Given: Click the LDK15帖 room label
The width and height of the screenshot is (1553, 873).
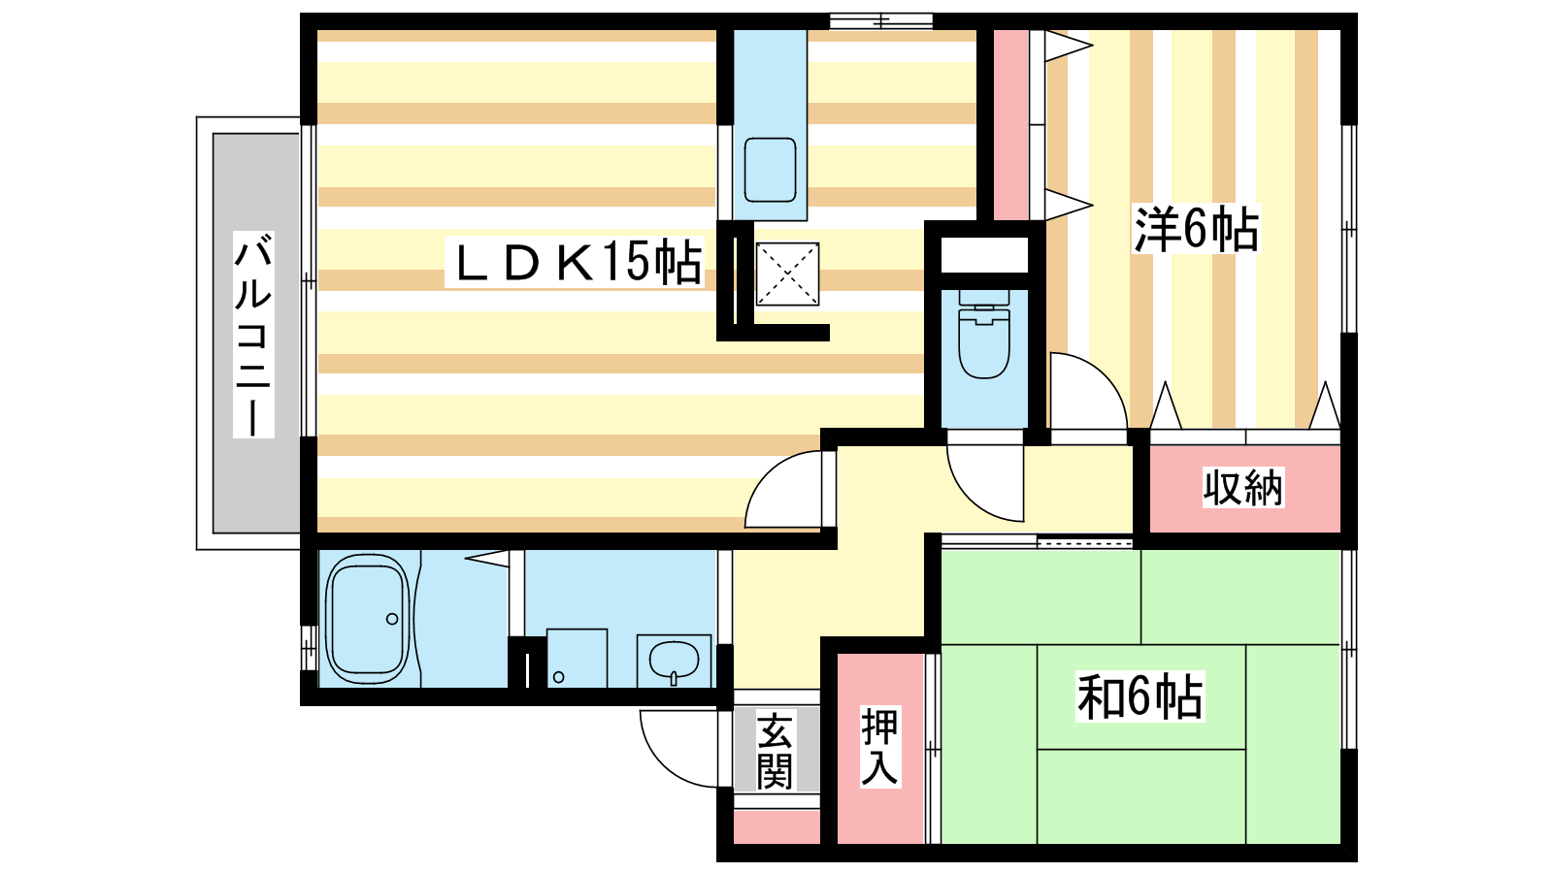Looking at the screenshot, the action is point(575,262).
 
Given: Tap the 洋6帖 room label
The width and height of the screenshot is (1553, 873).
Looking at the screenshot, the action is point(1196,229).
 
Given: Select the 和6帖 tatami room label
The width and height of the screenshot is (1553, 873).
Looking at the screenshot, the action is point(1140,696).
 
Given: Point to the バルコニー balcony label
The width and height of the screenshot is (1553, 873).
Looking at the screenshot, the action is point(253,335).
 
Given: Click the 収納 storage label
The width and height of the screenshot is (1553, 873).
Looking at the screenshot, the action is point(1243,488).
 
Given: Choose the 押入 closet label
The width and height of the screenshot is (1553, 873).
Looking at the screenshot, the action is point(879,746).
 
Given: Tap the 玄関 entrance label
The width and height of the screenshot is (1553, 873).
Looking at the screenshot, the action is point(776,752).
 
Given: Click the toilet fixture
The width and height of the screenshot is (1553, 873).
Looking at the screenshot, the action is point(984,334).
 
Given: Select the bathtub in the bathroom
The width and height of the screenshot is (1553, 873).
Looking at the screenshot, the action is point(368,619).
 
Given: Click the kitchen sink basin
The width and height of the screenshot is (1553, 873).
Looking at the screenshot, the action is point(770,170).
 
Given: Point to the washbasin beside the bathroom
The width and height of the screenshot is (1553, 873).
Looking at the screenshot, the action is point(674,661).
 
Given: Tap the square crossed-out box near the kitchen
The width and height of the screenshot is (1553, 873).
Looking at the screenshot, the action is point(787,274).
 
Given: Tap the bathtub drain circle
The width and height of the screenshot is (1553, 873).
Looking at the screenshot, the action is point(392,619).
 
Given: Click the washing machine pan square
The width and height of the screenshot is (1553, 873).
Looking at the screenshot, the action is point(577,659).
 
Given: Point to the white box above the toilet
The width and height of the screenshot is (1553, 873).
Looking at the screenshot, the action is point(984,255).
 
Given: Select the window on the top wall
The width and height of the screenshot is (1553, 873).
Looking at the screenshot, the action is point(881,21).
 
